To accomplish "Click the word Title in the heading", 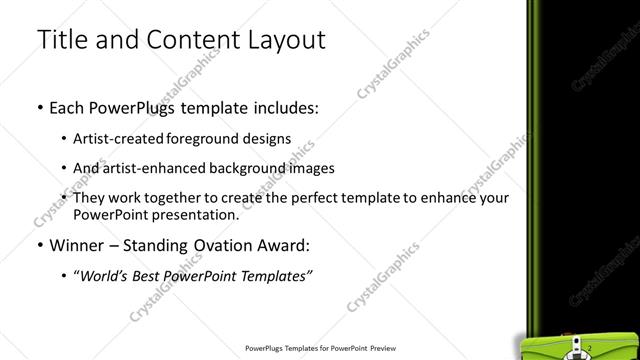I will click(x=59, y=40).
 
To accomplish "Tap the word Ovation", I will click(x=210, y=245).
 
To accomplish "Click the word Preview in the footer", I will click(x=376, y=349).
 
